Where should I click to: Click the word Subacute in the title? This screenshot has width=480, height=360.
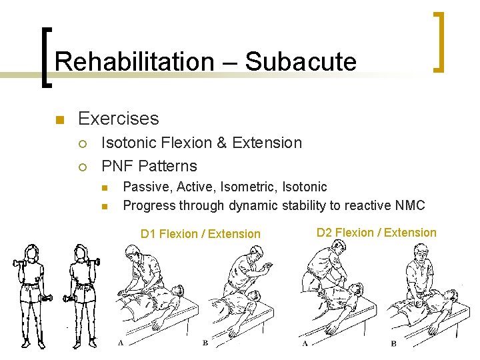click(x=301, y=62)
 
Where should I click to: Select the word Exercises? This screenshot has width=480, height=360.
click(x=118, y=119)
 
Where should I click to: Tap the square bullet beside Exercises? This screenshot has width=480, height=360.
click(x=59, y=120)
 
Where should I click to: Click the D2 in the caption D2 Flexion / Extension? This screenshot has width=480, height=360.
click(x=324, y=233)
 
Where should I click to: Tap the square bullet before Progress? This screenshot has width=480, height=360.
click(x=105, y=206)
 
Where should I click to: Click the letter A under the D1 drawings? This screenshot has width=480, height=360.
click(x=120, y=343)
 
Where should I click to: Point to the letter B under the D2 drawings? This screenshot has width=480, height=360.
click(x=393, y=343)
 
